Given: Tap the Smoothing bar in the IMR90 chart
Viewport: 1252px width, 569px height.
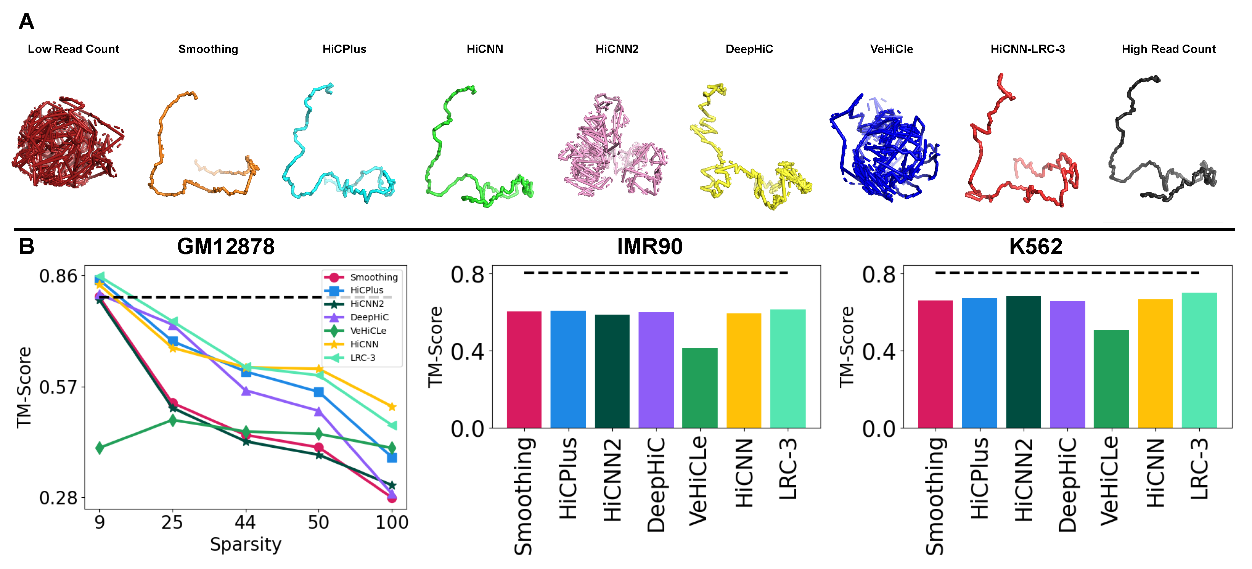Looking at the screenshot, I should [x=524, y=369].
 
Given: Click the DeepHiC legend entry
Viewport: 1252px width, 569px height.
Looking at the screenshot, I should [x=369, y=317].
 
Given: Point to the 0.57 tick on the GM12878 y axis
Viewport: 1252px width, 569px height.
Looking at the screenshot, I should [x=58, y=387].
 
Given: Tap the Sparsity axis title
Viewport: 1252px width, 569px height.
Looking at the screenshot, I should [x=246, y=544].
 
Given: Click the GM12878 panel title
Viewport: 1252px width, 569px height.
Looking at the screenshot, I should [x=225, y=247].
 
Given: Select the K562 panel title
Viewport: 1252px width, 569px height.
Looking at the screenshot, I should [x=1035, y=247].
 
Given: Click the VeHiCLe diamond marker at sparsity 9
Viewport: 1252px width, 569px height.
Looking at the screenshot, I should [x=100, y=447].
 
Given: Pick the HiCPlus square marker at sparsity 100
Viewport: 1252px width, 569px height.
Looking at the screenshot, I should [x=392, y=458].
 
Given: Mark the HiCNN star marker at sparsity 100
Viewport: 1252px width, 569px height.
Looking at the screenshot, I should [x=392, y=407].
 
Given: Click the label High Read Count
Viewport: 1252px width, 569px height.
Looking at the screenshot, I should [x=1168, y=49].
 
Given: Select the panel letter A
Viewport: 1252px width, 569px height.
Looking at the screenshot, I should [x=26, y=22].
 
